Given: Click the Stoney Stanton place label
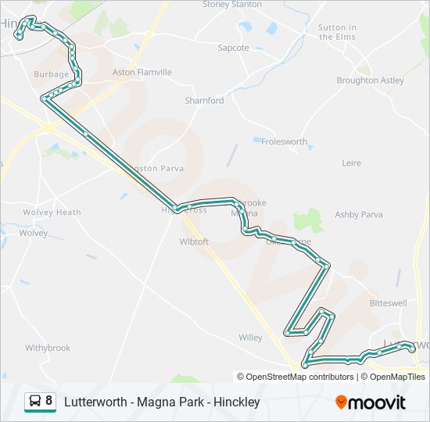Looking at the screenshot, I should [x=231, y=5].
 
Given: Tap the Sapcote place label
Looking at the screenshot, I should [x=233, y=48].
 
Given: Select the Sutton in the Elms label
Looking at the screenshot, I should [x=337, y=32].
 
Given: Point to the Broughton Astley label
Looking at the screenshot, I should [x=370, y=80].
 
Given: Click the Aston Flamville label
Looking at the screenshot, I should [x=142, y=73].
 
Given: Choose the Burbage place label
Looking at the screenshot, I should [x=52, y=74].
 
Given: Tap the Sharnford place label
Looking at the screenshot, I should [x=204, y=101].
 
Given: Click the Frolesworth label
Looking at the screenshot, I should [x=285, y=141].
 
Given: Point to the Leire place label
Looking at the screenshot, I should [x=352, y=163].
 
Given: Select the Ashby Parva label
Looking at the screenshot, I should [x=359, y=214].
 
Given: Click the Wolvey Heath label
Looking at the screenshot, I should [x=52, y=213].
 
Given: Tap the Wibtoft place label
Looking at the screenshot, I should [x=194, y=241].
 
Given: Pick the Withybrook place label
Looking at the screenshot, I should [x=48, y=348].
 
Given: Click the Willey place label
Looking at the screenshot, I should [x=250, y=338].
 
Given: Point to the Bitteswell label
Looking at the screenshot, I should [x=389, y=302].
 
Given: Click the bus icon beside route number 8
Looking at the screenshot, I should [x=35, y=402].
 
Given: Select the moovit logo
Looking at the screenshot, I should [x=371, y=402].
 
